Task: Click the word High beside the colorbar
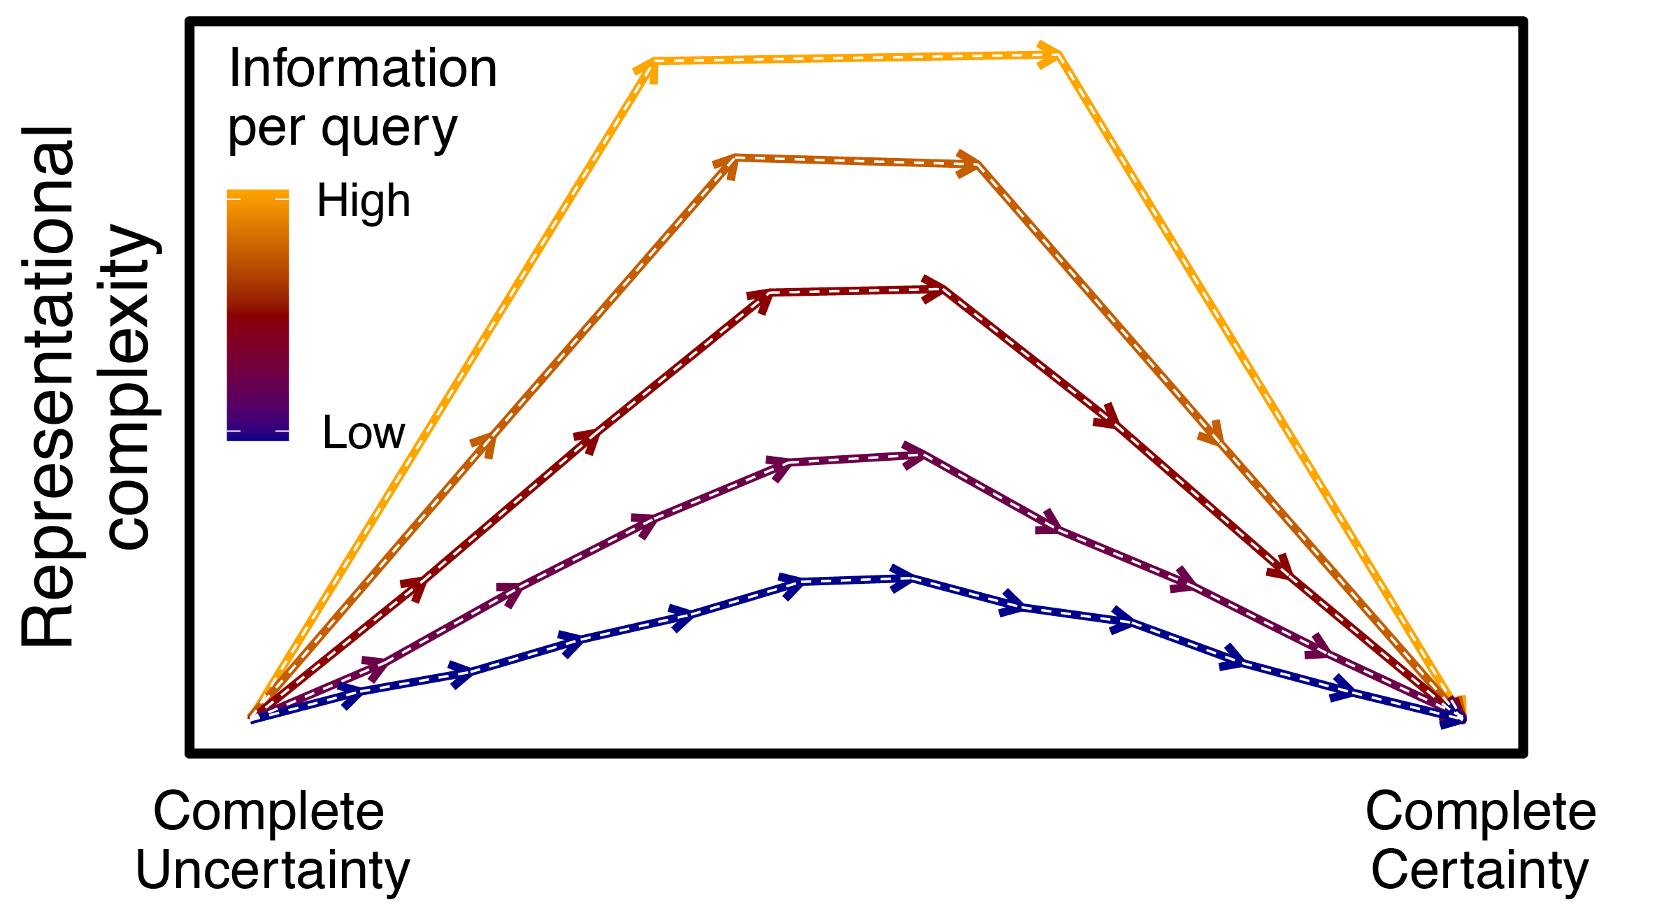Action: [364, 201]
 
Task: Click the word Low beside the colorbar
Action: [364, 433]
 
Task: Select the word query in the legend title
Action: [389, 129]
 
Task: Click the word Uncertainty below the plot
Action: [273, 871]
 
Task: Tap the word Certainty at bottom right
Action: [1479, 871]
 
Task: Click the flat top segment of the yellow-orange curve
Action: [853, 58]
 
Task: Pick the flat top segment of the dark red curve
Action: [853, 292]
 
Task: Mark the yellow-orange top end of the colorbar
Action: [257, 194]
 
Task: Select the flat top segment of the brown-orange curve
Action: [853, 162]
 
